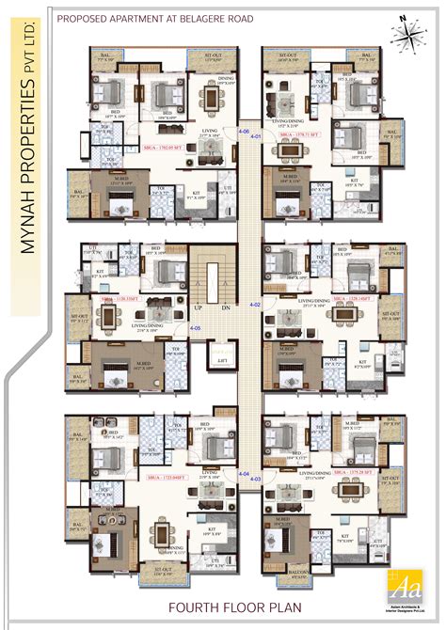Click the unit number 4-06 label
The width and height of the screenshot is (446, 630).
(x=243, y=133)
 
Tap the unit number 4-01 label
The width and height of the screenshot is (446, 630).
(x=256, y=138)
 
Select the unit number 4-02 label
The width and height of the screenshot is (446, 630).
(x=254, y=306)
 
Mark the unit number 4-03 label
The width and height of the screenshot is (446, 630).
(x=255, y=479)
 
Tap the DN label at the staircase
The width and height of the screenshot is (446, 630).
(x=227, y=307)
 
